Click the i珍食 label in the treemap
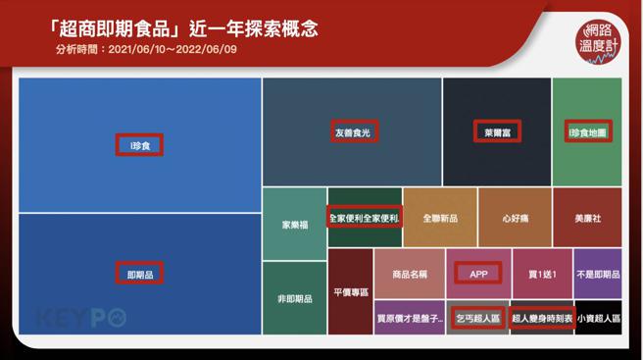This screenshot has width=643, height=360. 138,145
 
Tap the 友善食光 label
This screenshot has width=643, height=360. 352,130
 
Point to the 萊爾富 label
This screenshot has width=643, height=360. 497,130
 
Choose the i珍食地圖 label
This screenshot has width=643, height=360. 588,130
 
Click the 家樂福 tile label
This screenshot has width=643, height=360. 294,224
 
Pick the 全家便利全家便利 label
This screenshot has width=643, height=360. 364,217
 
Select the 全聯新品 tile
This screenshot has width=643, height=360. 439,218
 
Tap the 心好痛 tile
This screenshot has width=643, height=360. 514,218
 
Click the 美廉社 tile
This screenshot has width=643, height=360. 586,218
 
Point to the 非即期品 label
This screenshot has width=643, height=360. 294,298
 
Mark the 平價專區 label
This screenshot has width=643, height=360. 350,291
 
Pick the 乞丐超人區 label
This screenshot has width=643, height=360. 478,318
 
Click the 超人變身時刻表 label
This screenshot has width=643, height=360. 541,318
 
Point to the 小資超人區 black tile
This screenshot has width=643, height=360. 598,318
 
